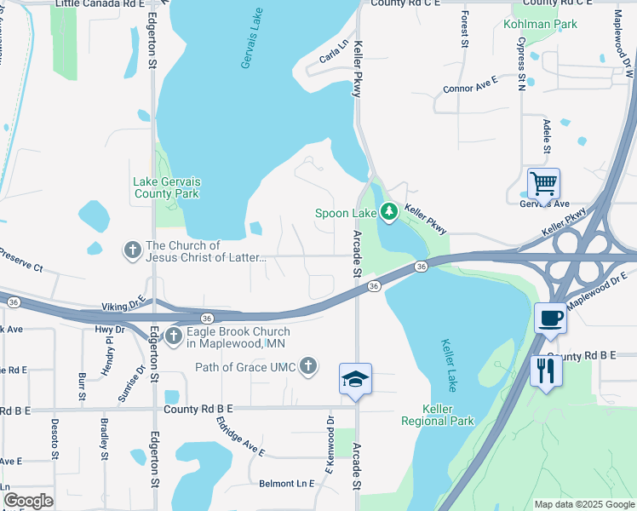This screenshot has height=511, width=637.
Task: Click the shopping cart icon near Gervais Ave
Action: point(543,182)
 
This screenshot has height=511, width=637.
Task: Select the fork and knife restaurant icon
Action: point(545,370)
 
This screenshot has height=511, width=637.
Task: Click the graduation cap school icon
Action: point(355,379)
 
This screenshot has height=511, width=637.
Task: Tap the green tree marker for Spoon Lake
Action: point(389,210)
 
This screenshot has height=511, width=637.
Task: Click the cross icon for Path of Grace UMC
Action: point(308,366)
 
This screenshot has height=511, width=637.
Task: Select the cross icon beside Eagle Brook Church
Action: point(173,336)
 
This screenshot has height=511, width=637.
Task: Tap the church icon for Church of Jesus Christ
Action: point(132,250)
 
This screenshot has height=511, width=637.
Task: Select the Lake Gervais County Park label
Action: point(166,187)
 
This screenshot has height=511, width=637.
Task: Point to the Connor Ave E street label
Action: point(469,88)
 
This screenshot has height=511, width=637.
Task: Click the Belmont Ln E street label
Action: point(287,483)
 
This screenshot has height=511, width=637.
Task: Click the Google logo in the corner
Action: point(28,500)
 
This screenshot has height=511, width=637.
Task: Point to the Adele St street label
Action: point(547,137)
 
